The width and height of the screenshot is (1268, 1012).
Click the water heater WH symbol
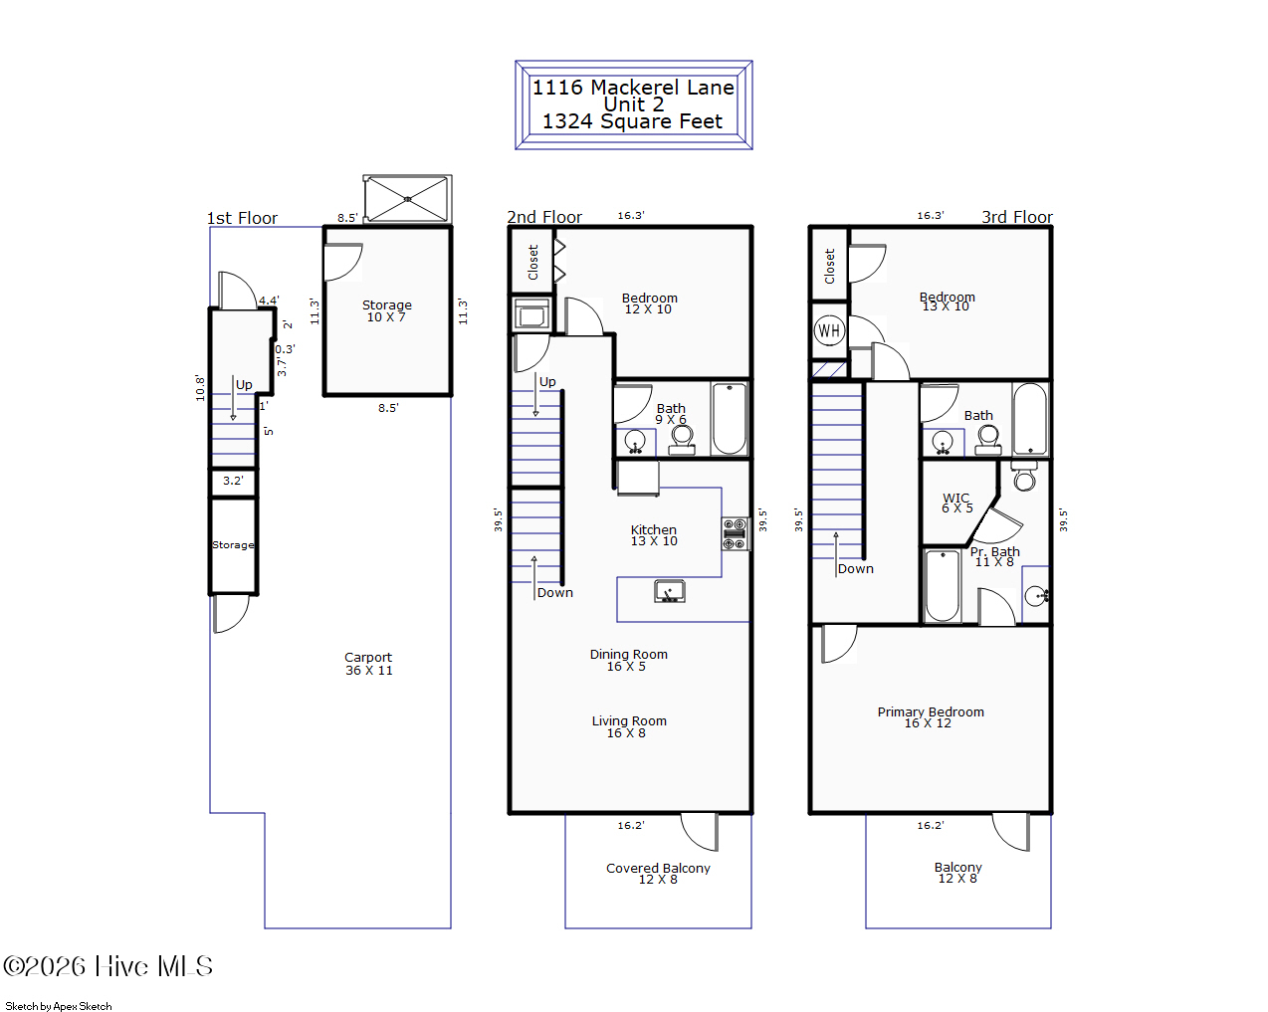829,330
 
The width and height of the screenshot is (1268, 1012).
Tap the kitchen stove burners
735,534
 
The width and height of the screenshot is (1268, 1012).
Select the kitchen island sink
669,592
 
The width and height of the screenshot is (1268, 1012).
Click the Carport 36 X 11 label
368,664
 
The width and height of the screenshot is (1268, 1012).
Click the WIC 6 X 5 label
956,503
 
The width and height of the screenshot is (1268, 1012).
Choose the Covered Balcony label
658,873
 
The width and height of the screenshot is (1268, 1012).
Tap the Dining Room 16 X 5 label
628,660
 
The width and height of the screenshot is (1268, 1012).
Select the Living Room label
628,726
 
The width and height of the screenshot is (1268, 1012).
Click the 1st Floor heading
242,218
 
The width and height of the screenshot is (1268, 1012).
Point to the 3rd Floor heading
1016,217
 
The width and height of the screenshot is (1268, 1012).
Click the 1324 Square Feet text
632,121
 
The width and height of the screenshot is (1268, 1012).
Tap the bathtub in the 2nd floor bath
729,418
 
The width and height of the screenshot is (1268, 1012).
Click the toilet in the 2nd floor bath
682,439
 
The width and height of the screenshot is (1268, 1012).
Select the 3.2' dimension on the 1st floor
233,481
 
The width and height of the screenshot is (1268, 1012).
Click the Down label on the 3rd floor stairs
855,569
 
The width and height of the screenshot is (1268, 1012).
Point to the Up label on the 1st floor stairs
244,385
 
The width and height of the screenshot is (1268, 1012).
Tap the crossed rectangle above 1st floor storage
407,199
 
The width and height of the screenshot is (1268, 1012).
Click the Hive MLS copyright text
107,966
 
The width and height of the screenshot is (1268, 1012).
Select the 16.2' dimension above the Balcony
930,825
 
